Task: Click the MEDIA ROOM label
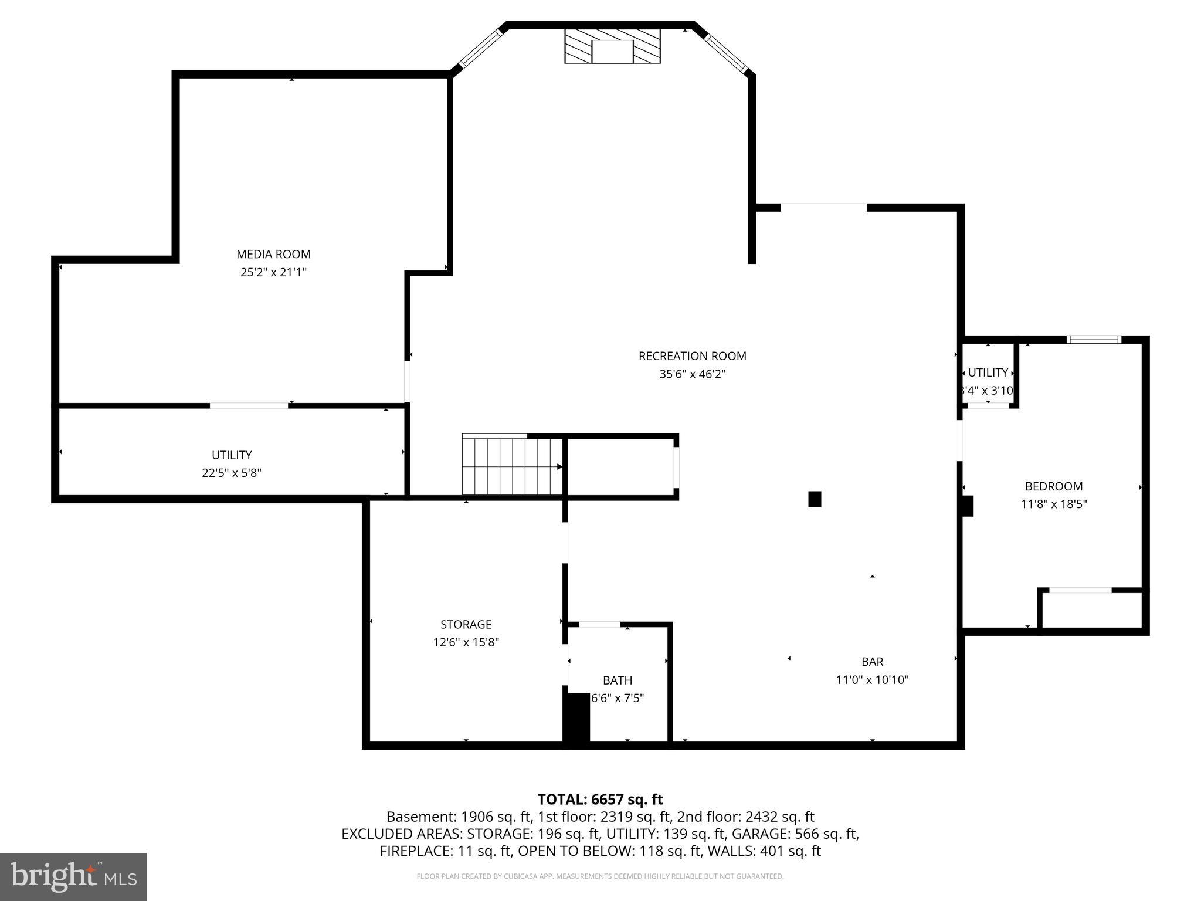(273, 254)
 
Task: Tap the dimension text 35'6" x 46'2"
(692, 374)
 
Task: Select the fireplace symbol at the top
(612, 46)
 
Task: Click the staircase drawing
(512, 466)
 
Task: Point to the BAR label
(872, 662)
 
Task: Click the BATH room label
(618, 680)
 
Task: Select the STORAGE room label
(466, 624)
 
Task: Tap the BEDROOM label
(1053, 486)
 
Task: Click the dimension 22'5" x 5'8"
(232, 473)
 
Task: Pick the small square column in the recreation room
(815, 499)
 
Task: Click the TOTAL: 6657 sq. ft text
(600, 800)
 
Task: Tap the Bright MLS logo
(73, 876)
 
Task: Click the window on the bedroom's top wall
(1094, 340)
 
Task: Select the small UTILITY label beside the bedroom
(988, 372)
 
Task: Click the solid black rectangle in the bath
(576, 719)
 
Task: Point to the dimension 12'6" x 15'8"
(466, 642)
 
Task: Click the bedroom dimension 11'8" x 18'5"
(1053, 504)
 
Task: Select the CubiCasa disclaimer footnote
(600, 876)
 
